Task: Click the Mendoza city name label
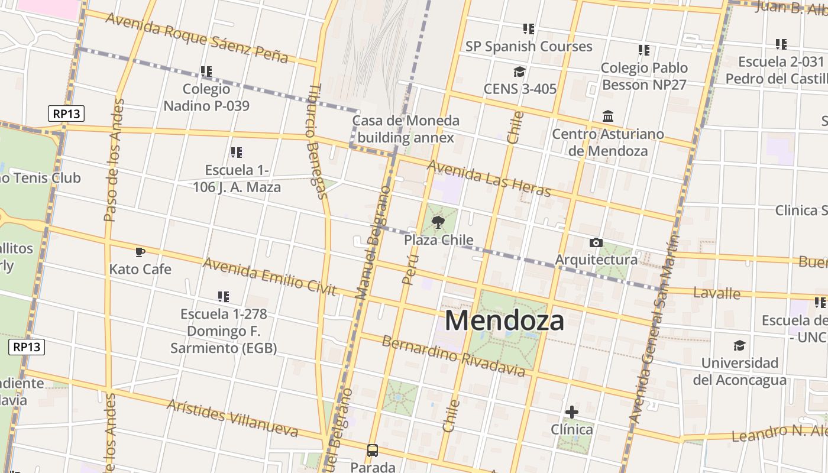pyautogui.click(x=504, y=321)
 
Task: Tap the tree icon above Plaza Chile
pyautogui.click(x=438, y=222)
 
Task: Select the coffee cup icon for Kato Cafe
pyautogui.click(x=140, y=252)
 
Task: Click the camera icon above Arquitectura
pyautogui.click(x=596, y=242)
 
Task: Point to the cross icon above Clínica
pyautogui.click(x=572, y=412)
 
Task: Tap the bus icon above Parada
pyautogui.click(x=373, y=451)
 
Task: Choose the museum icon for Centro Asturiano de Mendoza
pyautogui.click(x=608, y=116)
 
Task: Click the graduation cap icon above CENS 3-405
pyautogui.click(x=519, y=72)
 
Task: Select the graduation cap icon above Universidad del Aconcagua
pyautogui.click(x=739, y=345)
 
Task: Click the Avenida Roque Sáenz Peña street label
pyautogui.click(x=197, y=37)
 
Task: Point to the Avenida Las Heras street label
pyautogui.click(x=489, y=178)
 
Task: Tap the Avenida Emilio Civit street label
pyautogui.click(x=269, y=276)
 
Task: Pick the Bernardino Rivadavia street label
pyautogui.click(x=453, y=356)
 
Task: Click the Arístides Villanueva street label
pyautogui.click(x=232, y=417)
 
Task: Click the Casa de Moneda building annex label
pyautogui.click(x=406, y=129)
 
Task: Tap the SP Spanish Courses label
pyautogui.click(x=529, y=46)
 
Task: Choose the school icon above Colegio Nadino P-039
pyautogui.click(x=206, y=72)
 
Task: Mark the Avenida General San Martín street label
pyautogui.click(x=652, y=328)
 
